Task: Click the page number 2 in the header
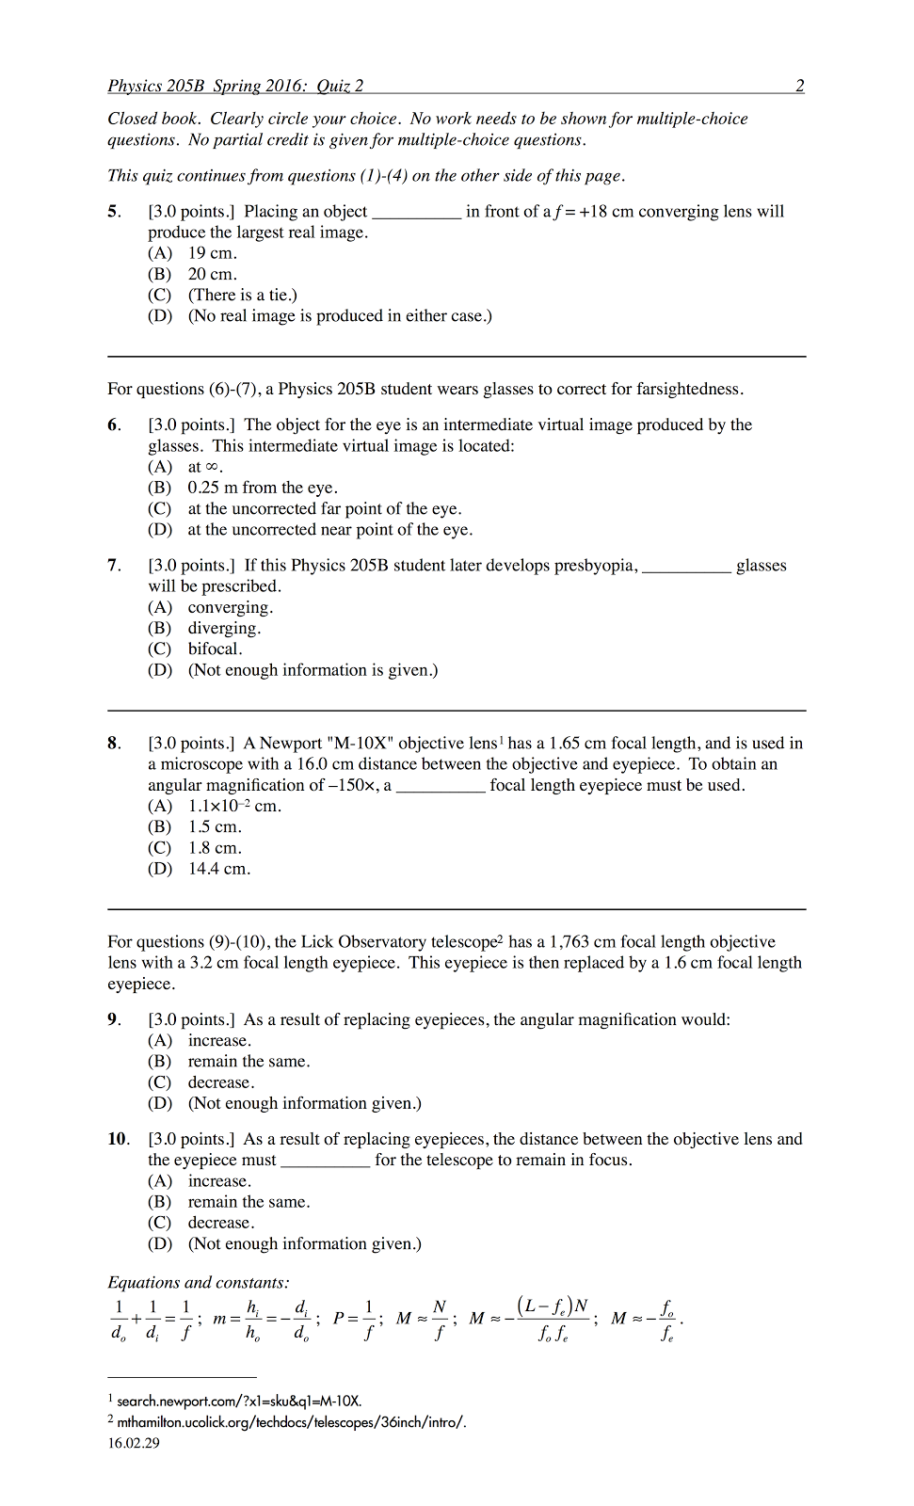pyautogui.click(x=799, y=86)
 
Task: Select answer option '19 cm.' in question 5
pyautogui.click(x=212, y=253)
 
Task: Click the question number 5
pyautogui.click(x=113, y=212)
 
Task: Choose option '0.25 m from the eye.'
pyautogui.click(x=262, y=488)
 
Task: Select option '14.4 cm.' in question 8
pyautogui.click(x=218, y=869)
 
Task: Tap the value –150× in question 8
pyautogui.click(x=353, y=785)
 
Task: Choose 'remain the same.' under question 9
pyautogui.click(x=249, y=1062)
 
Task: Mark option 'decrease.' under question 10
pyautogui.click(x=220, y=1223)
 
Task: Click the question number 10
pyautogui.click(x=118, y=1139)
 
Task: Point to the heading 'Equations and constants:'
pyautogui.click(x=199, y=1283)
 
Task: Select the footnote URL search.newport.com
pyautogui.click(x=239, y=1401)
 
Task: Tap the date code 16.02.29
pyautogui.click(x=134, y=1443)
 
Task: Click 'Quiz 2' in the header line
pyautogui.click(x=340, y=86)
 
